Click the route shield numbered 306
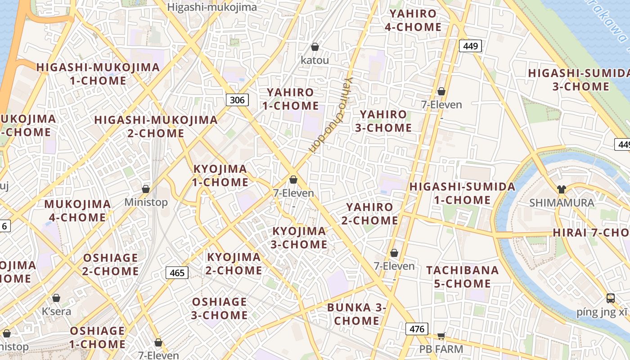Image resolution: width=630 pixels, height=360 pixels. click(x=237, y=100)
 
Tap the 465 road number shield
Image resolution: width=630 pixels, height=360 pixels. click(x=177, y=272)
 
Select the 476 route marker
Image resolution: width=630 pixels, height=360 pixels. click(x=417, y=329)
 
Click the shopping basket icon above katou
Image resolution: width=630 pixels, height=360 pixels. click(x=315, y=47)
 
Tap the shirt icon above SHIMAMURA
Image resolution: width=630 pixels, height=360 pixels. click(x=561, y=189)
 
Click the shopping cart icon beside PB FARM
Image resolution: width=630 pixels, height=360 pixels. click(x=441, y=336)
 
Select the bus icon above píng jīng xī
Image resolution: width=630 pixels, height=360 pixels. click(x=611, y=298)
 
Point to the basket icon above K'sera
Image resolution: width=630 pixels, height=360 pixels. click(x=56, y=298)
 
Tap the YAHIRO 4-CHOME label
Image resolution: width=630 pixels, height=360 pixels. click(x=413, y=20)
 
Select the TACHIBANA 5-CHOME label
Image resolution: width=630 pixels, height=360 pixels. click(x=463, y=277)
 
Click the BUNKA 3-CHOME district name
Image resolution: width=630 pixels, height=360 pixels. click(x=357, y=314)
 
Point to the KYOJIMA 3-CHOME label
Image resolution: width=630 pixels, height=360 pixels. click(x=299, y=238)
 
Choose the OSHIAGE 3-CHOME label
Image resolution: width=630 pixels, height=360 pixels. click(x=219, y=308)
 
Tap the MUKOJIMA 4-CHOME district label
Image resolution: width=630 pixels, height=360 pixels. click(x=77, y=211)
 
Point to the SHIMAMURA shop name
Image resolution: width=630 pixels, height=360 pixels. click(x=562, y=203)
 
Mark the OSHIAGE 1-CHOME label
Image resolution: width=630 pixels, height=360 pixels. click(x=97, y=338)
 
